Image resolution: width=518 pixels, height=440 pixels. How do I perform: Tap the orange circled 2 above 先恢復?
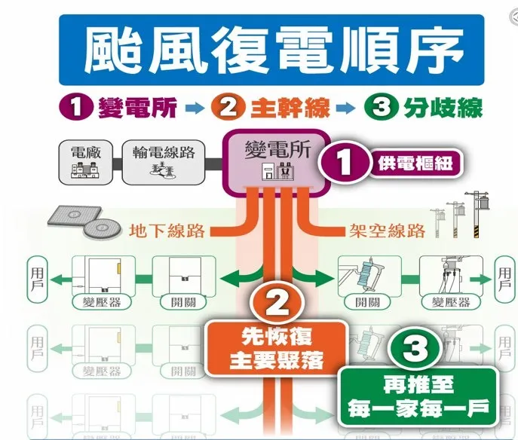[276, 303]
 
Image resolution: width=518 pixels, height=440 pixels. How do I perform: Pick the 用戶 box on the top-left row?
[38, 276]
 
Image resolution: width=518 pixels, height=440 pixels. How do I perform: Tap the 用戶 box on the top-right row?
[504, 276]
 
